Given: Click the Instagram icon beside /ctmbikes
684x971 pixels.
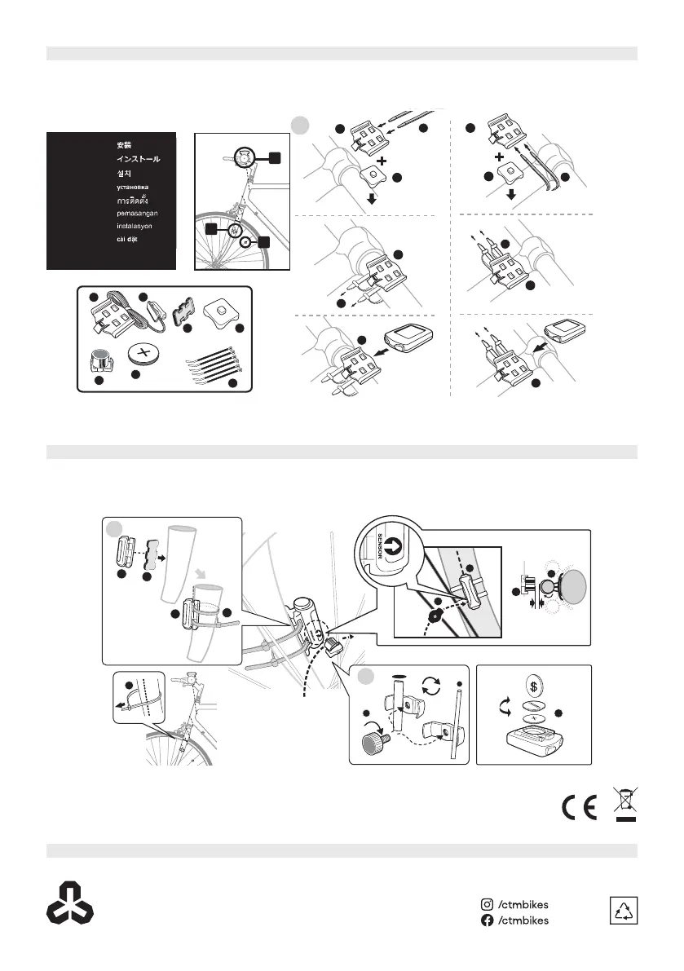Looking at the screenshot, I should click(487, 903).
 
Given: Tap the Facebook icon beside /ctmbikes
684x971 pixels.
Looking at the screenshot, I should click(487, 920).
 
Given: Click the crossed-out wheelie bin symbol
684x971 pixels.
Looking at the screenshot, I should click(625, 802).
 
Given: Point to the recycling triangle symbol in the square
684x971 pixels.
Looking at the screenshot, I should click(624, 911).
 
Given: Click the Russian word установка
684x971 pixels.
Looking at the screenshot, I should click(131, 186).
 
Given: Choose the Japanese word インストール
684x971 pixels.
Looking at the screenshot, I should click(135, 159).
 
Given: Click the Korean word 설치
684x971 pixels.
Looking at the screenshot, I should click(123, 173).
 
